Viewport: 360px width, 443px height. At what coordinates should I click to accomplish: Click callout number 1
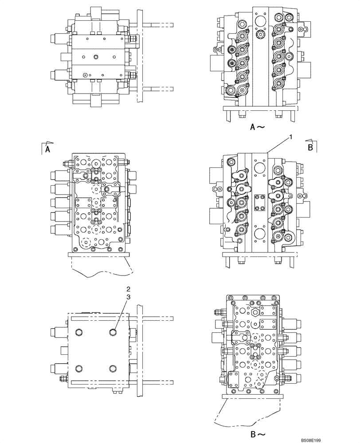pos(290,138)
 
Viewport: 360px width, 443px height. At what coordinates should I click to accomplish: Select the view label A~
pos(258,127)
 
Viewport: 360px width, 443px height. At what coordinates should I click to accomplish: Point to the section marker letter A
pos(47,150)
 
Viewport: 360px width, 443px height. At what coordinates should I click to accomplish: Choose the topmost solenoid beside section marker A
pos(59,175)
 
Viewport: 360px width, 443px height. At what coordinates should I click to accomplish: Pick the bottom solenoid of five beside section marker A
pos(59,229)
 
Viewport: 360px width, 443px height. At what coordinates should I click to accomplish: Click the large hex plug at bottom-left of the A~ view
pos(231,91)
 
